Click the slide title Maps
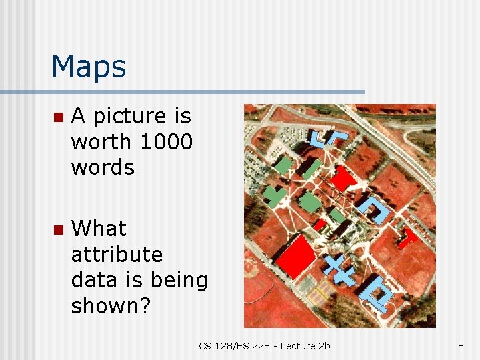pos(88,67)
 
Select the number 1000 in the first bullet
pos(166,142)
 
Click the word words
pos(103,167)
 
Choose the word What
pos(99,229)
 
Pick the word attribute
pos(117,255)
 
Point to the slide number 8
pos(461,345)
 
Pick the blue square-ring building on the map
pos(375,292)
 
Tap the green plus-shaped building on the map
pos(274,195)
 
